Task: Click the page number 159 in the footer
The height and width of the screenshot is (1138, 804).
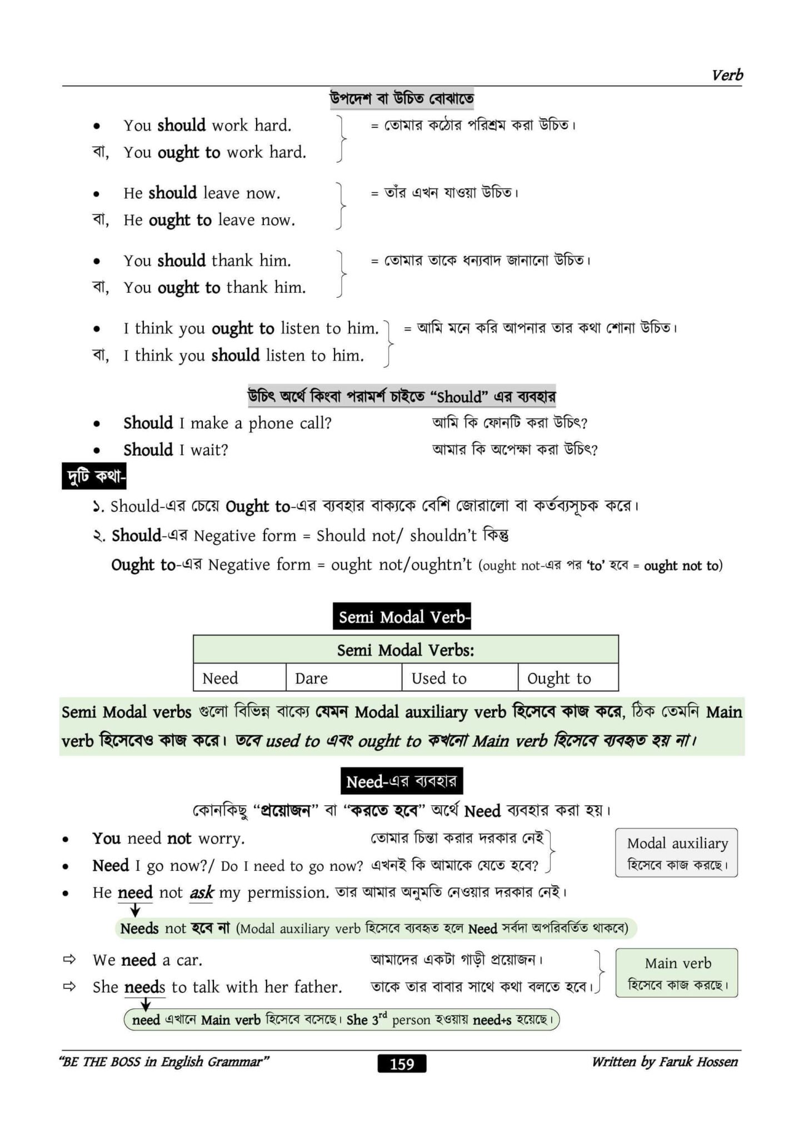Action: [402, 1064]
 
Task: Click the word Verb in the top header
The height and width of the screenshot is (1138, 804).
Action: [727, 75]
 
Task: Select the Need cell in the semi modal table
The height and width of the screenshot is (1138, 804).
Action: [239, 678]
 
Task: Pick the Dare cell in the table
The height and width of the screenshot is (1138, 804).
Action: [343, 678]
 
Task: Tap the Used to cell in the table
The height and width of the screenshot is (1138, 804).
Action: [459, 678]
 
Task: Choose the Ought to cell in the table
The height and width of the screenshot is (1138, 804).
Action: [567, 678]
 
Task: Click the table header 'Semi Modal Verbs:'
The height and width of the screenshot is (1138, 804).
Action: [406, 650]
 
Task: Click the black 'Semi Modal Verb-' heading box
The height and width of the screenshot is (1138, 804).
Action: [402, 617]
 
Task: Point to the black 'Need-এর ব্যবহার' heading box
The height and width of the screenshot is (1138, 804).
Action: [401, 782]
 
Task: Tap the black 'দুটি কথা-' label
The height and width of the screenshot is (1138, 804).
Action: [94, 476]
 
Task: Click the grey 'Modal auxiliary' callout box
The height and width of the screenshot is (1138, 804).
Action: [676, 853]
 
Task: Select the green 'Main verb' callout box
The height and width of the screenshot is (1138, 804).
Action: [676, 973]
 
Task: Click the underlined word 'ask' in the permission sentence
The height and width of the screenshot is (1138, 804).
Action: [202, 892]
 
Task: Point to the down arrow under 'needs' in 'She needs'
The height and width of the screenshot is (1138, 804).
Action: [146, 1004]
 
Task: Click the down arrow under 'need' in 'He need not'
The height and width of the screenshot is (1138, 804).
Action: [134, 910]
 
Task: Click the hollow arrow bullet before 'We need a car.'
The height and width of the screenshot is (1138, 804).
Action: [69, 960]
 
